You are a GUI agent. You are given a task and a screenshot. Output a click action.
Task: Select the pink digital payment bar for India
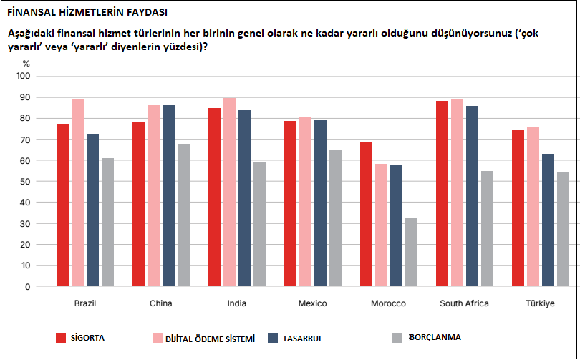click(x=230, y=193)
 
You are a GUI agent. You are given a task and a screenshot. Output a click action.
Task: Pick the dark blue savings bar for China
click(x=168, y=196)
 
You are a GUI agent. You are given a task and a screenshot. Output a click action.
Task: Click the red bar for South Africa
click(x=442, y=194)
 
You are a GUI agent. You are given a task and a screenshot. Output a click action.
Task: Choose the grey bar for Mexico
click(x=335, y=218)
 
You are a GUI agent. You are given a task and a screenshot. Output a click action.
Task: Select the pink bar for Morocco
click(x=381, y=225)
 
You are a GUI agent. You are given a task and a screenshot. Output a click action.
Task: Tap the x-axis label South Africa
click(x=464, y=303)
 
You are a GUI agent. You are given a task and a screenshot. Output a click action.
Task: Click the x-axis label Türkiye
click(x=540, y=303)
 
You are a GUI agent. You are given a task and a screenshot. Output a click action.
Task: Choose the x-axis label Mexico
click(x=312, y=303)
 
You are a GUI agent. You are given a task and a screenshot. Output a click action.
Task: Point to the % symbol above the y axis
click(x=26, y=64)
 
